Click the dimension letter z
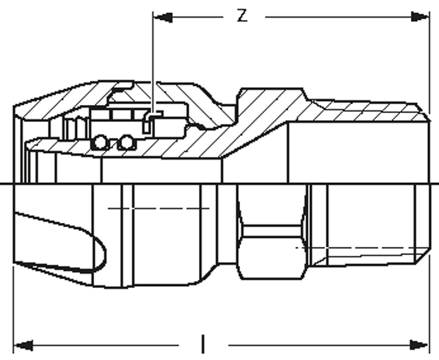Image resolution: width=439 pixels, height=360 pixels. pos(241,15)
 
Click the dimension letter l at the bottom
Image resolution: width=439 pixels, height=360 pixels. pos(203,341)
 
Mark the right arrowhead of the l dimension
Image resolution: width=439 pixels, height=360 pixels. pos(421,343)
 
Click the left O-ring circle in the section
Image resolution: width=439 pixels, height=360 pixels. pos(101,142)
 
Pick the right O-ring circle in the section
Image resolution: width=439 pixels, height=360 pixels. pos(125,142)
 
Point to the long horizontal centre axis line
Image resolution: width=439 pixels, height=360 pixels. pos(219,183)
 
